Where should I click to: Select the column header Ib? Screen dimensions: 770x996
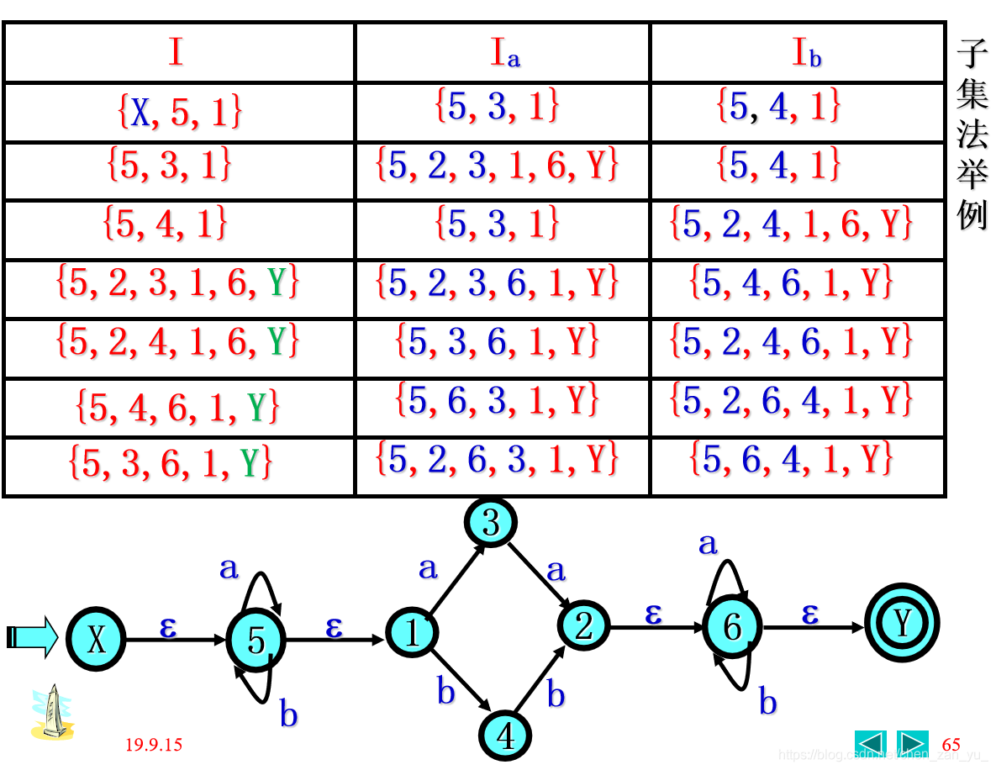(806, 54)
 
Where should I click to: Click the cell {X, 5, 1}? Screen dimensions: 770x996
(179, 112)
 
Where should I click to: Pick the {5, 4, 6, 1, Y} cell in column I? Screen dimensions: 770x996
(177, 407)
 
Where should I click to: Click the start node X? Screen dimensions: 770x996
(96, 641)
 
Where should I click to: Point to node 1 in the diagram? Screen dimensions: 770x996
(412, 632)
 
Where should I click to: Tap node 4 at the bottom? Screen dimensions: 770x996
(505, 736)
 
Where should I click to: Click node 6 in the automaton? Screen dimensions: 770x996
(732, 627)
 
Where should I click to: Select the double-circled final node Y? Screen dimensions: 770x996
(902, 623)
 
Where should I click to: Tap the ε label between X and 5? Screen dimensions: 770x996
(168, 626)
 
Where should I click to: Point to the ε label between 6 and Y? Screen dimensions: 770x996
(809, 614)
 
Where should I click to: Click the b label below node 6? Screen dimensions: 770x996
(767, 701)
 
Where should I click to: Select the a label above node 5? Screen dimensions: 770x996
(229, 568)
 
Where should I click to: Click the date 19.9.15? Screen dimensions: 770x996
(154, 745)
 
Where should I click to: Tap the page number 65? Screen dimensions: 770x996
(951, 745)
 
